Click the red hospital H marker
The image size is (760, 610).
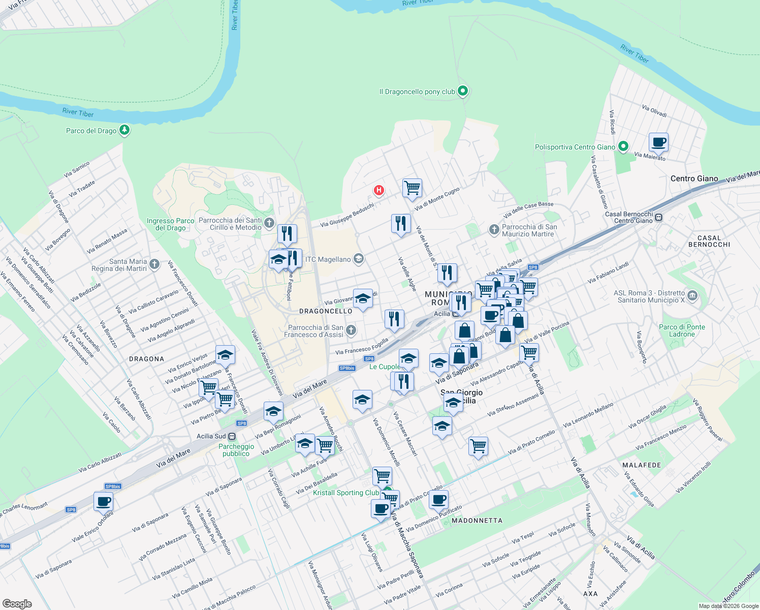(378, 191)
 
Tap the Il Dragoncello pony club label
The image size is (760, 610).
(417, 92)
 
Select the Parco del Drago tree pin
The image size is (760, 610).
(124, 130)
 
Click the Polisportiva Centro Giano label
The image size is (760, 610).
(575, 147)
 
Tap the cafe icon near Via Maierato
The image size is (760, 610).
(658, 142)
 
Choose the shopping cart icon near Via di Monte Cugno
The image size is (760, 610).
(412, 188)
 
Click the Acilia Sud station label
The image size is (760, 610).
(211, 436)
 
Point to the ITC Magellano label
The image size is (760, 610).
(328, 260)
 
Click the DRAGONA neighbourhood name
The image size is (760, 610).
(146, 359)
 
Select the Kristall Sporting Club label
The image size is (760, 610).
(345, 493)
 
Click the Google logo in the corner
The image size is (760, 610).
(17, 603)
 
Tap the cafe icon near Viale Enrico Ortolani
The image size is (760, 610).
(104, 501)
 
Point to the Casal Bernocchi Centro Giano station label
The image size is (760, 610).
(629, 218)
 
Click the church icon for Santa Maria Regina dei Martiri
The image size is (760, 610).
(155, 264)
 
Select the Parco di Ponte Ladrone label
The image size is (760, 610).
(682, 330)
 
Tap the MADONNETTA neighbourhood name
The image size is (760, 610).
(477, 521)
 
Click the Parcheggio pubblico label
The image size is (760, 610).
(236, 450)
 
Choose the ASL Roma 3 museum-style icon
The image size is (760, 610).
(692, 295)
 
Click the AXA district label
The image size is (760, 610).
(590, 594)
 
